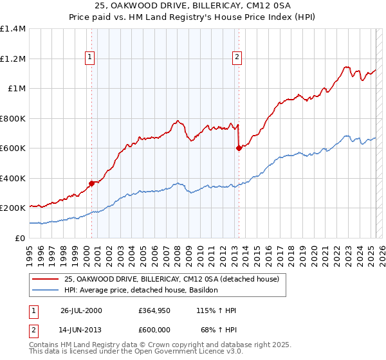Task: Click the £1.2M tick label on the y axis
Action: tap(13, 59)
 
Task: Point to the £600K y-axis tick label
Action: tap(13, 148)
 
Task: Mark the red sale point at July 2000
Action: tap(92, 183)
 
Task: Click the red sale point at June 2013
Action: tap(239, 148)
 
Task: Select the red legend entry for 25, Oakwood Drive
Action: tap(170, 279)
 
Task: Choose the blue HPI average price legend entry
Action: tap(141, 291)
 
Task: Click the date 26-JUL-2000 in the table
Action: tap(82, 310)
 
